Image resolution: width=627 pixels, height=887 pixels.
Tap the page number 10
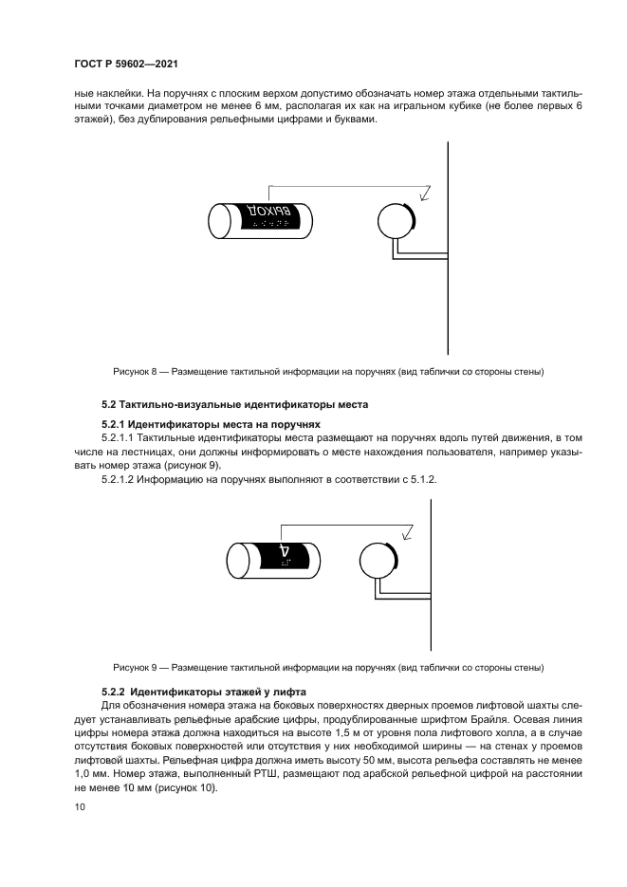pos(79,806)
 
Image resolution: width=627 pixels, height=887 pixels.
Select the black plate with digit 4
pos(286,557)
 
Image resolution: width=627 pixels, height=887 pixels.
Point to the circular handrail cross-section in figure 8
pos(395,220)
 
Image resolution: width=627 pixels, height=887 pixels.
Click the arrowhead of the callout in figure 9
pos(406,533)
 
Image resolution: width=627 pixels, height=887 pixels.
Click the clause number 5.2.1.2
pos(119,480)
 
